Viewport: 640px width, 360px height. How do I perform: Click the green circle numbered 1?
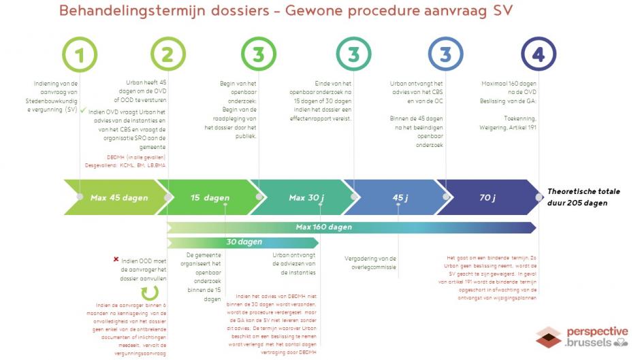point(80,54)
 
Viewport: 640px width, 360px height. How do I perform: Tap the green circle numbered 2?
point(168,54)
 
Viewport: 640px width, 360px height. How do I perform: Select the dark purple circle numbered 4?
point(539,54)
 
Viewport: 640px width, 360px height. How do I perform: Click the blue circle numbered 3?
point(446,54)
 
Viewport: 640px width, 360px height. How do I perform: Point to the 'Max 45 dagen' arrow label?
point(119,197)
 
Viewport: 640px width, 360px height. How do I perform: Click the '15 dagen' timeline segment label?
point(210,197)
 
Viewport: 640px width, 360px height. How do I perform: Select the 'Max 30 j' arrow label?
point(306,197)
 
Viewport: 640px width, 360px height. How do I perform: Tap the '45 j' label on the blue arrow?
point(400,197)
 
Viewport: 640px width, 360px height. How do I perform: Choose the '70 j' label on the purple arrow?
point(487,197)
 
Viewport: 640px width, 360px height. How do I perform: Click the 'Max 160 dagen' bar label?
point(323,227)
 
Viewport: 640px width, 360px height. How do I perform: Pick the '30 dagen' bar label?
point(244,242)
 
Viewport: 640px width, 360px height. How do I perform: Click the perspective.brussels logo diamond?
point(548,338)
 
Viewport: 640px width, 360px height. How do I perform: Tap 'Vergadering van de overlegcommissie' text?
point(371,263)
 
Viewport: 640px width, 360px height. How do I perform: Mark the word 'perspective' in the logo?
point(597,331)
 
